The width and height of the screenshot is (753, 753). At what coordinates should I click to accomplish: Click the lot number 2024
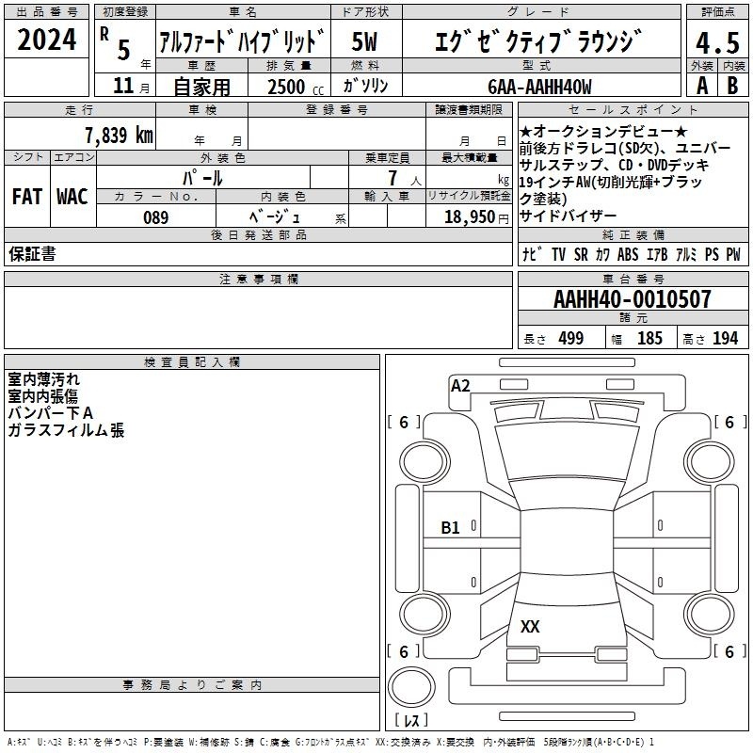pos(46,40)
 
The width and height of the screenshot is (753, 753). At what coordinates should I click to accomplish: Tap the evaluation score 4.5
pos(717,42)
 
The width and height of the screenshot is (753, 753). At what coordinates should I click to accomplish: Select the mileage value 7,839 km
pos(119,135)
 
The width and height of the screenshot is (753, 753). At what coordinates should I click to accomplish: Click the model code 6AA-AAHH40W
pos(539,87)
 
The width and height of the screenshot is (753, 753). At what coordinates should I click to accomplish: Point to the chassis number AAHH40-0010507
pos(632,299)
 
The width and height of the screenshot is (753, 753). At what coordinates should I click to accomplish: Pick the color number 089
pos(155,217)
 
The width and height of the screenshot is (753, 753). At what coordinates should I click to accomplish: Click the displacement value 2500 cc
pos(296,87)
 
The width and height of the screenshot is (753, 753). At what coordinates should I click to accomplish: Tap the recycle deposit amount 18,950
pos(470,217)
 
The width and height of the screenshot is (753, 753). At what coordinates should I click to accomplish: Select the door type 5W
pos(364,41)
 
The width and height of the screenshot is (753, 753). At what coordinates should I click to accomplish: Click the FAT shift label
pos(27,197)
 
